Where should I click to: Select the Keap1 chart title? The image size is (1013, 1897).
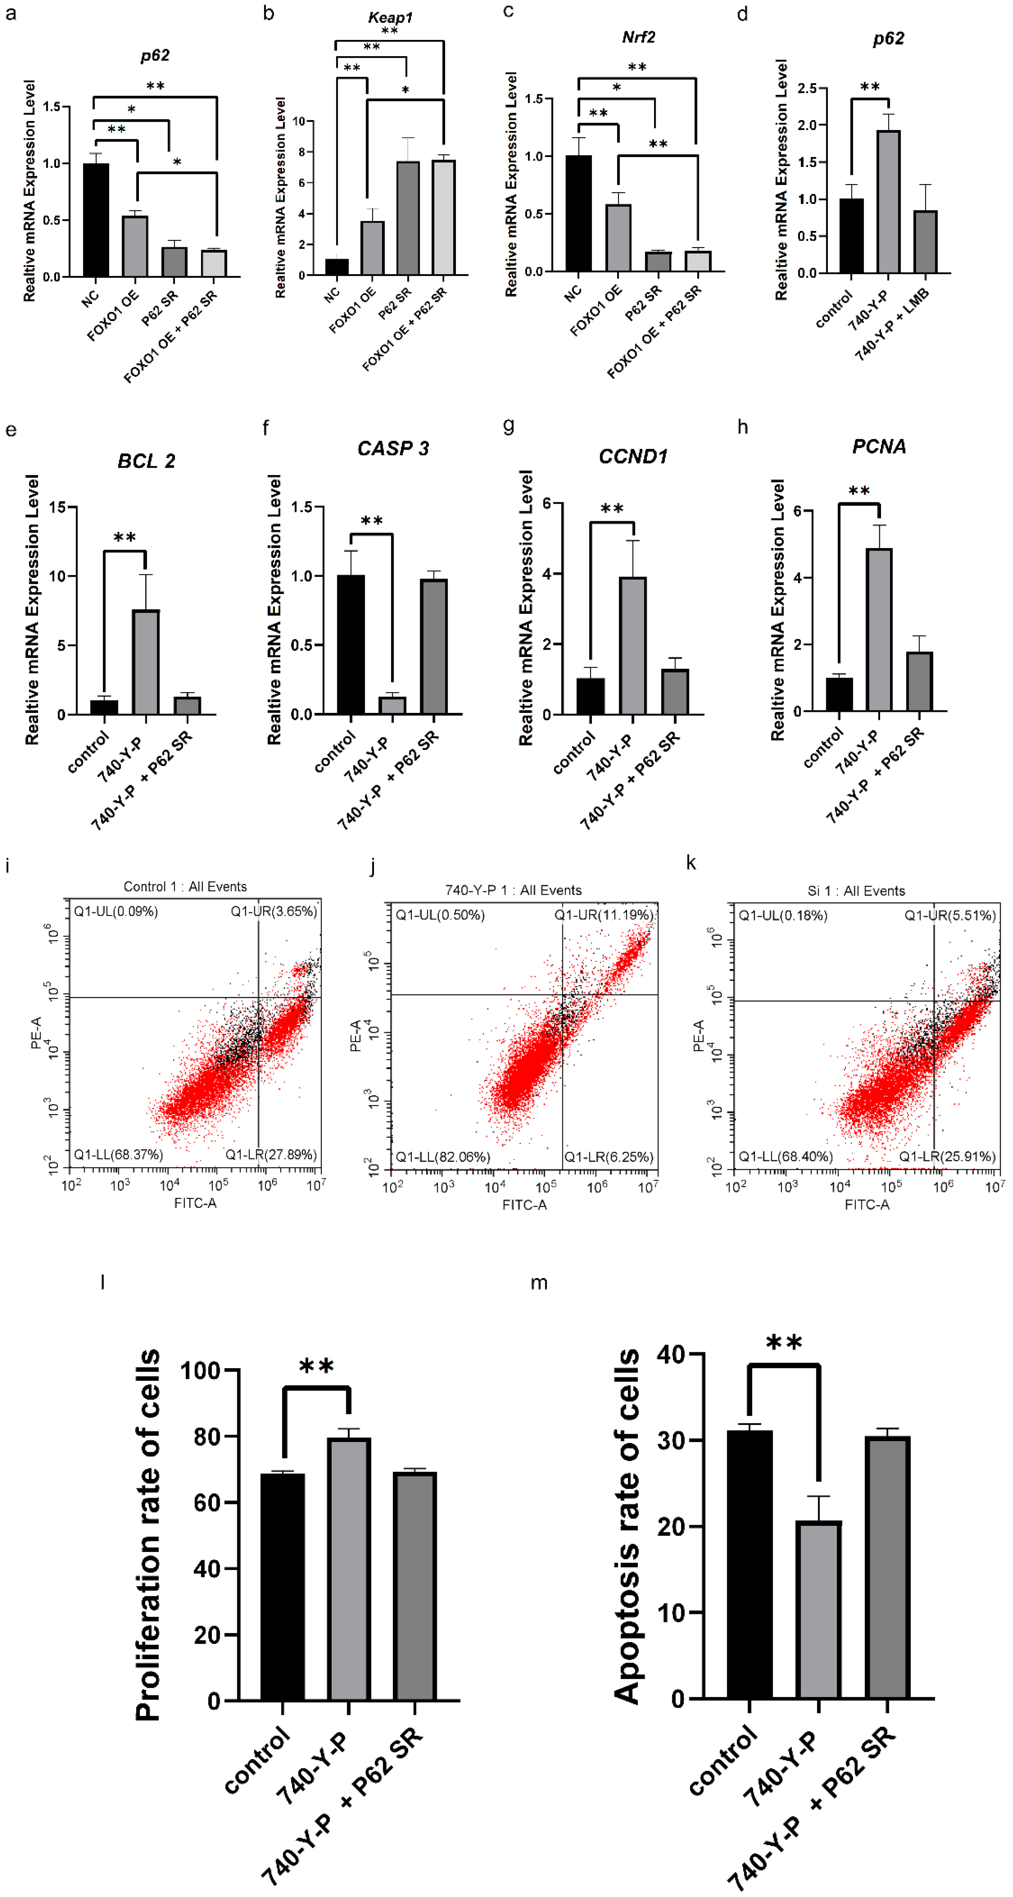390,17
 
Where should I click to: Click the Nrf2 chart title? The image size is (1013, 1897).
638,37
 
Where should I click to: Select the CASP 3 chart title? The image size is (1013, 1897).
393,448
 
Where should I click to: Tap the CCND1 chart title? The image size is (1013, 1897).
633,457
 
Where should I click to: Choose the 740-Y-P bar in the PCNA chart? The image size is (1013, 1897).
879,629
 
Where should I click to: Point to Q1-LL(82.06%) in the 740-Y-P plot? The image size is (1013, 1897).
443,1157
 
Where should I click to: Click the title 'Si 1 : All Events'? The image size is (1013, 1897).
856,891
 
